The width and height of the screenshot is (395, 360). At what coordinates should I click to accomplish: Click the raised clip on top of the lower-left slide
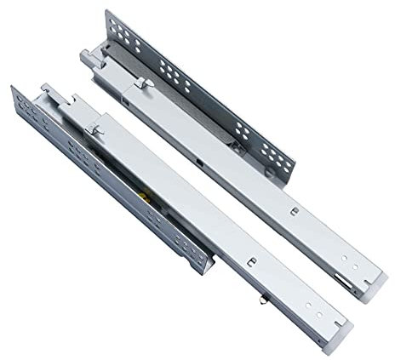(95, 128)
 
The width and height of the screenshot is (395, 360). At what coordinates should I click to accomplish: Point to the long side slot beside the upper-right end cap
(341, 279)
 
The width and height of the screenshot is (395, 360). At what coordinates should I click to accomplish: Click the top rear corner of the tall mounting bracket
(109, 12)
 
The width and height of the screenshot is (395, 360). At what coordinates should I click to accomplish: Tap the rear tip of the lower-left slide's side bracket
(12, 88)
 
